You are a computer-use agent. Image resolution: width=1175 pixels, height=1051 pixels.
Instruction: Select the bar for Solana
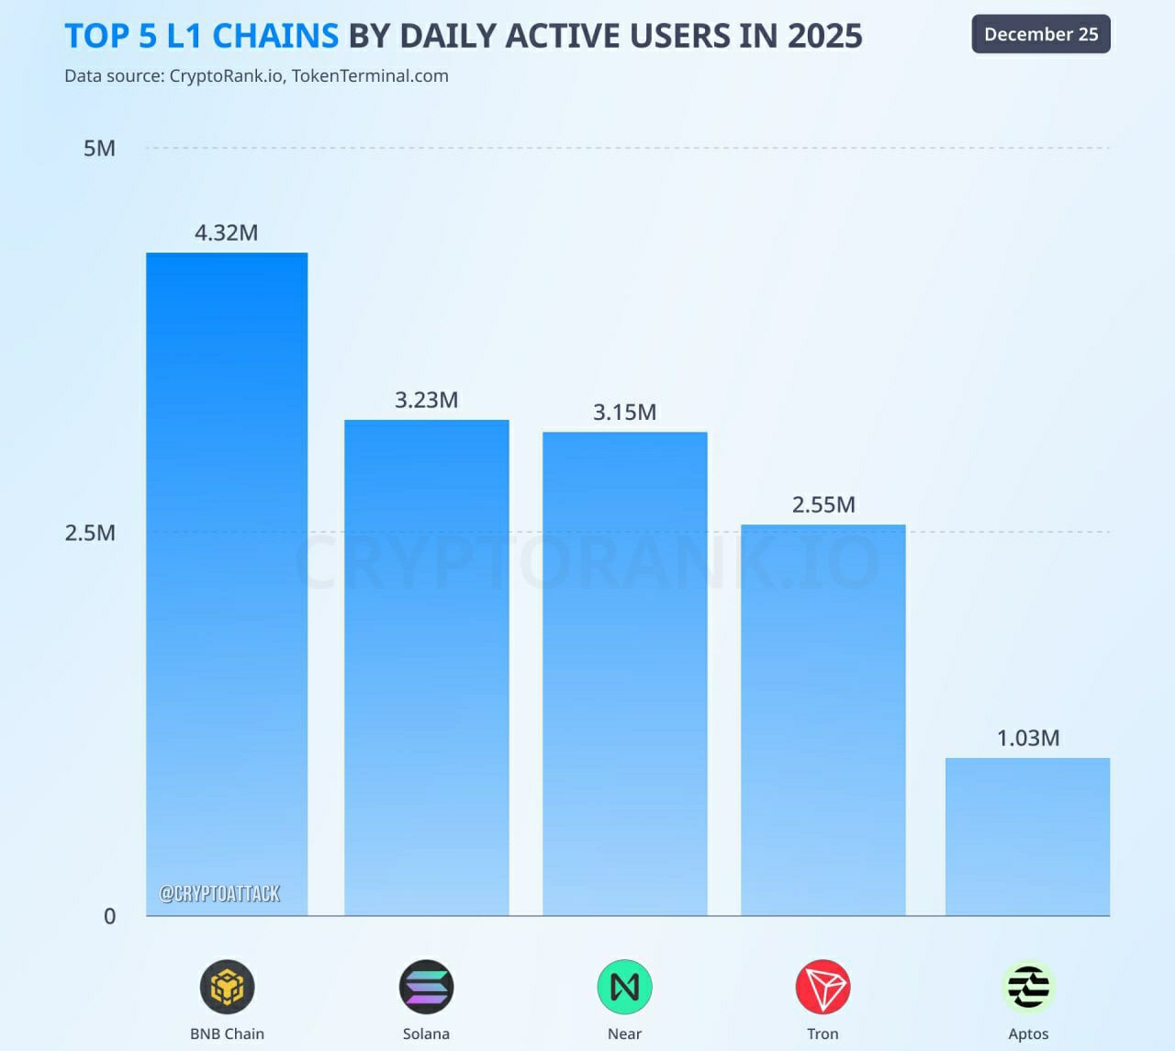(x=426, y=667)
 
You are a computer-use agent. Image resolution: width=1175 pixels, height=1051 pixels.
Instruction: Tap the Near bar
(x=624, y=672)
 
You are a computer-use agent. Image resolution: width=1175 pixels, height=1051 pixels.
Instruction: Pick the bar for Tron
(x=822, y=719)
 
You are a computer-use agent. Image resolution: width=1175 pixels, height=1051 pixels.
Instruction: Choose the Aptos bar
(x=1027, y=836)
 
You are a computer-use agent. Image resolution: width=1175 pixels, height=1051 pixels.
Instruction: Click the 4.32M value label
(x=226, y=232)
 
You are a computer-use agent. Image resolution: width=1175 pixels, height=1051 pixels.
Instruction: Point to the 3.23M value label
(x=426, y=400)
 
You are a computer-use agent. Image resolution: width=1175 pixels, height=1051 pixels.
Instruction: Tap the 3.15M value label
(x=624, y=412)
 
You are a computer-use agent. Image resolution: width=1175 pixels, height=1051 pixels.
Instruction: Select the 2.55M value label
(x=823, y=504)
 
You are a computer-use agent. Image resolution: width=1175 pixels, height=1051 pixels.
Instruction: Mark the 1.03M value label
(x=1028, y=738)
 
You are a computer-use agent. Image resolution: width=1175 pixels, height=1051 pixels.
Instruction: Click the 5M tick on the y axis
(x=99, y=148)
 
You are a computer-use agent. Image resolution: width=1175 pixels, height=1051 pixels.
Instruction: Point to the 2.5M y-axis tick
(x=90, y=533)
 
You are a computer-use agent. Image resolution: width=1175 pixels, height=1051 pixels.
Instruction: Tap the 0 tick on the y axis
(x=109, y=916)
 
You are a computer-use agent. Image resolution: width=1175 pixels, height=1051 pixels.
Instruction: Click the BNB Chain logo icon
(x=227, y=987)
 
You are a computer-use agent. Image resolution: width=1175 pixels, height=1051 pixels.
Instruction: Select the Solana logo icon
(x=426, y=987)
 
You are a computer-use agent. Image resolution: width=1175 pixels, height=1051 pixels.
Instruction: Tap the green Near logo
(x=624, y=987)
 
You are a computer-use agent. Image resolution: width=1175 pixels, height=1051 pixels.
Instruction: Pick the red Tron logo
(x=822, y=987)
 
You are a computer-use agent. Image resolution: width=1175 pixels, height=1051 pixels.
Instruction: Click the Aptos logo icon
(x=1028, y=987)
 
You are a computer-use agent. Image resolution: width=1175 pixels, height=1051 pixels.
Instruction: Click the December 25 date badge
(x=1041, y=34)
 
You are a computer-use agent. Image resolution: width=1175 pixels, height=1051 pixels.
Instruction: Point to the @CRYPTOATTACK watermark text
(x=219, y=893)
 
